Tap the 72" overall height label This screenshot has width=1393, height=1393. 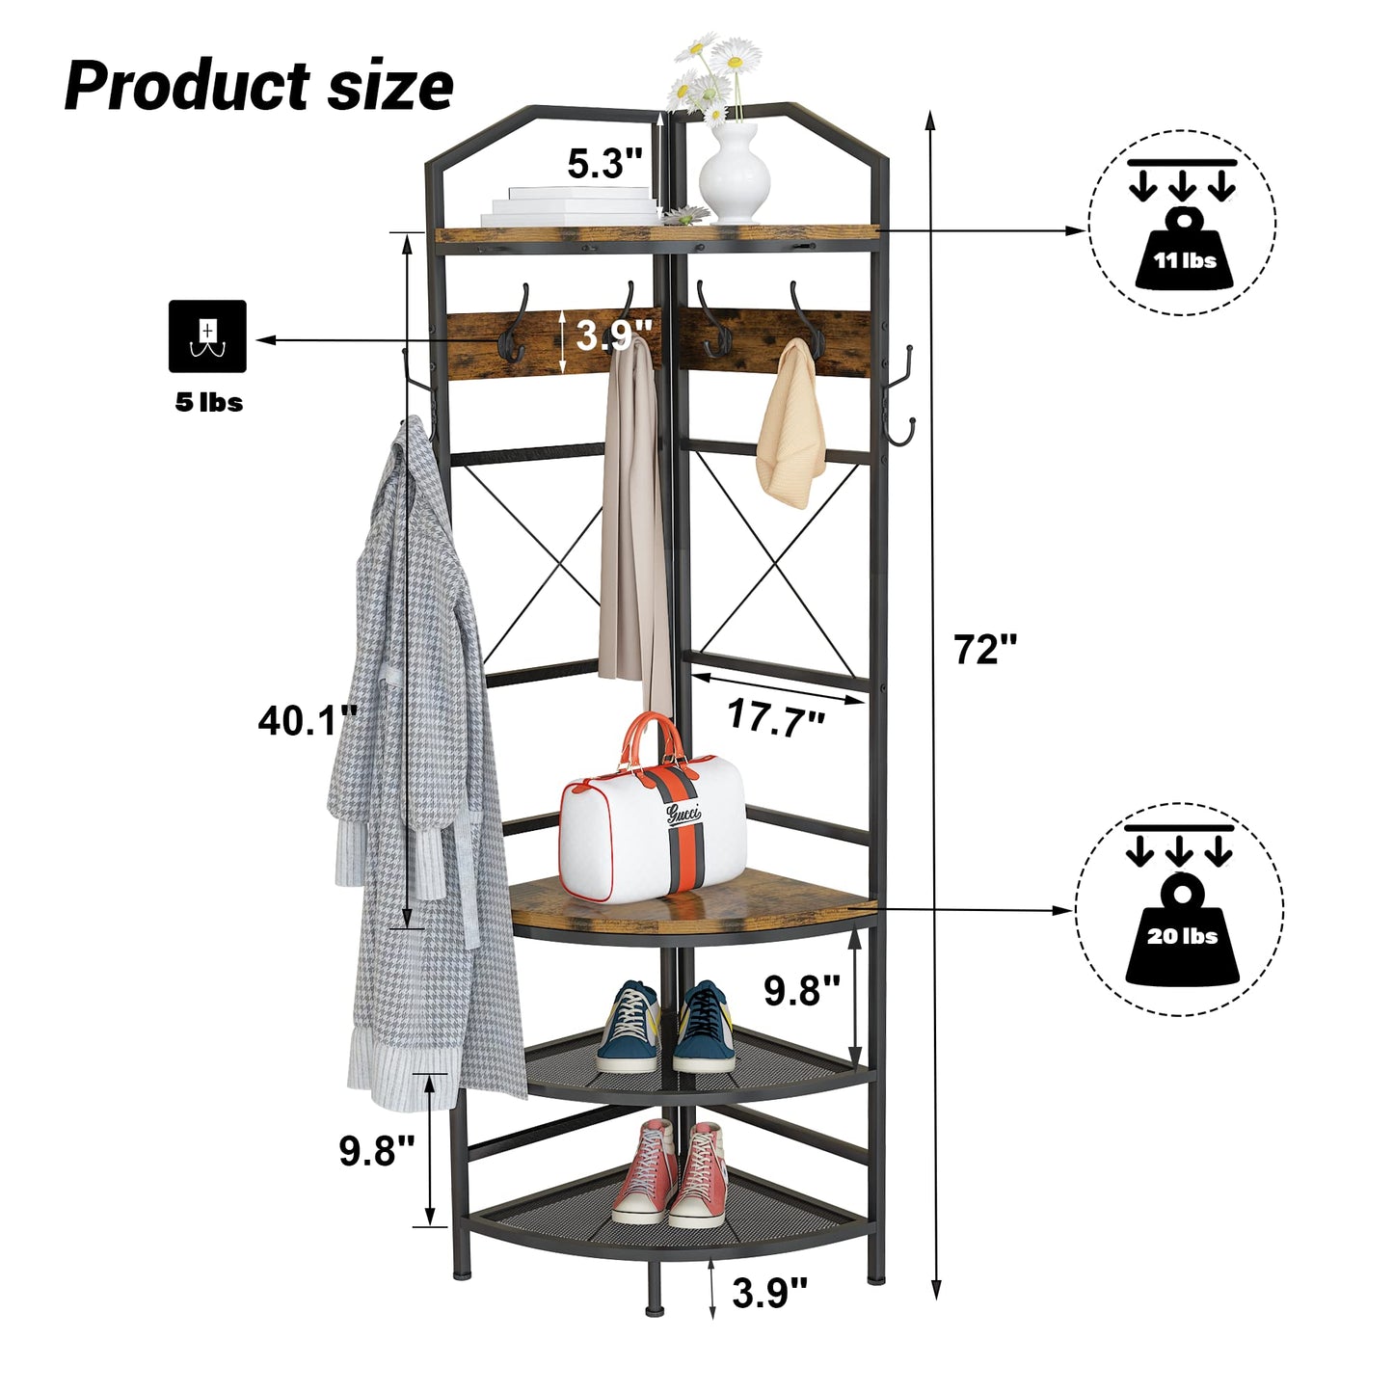[985, 649]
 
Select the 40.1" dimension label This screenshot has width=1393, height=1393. [308, 721]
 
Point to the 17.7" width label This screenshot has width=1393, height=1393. [776, 718]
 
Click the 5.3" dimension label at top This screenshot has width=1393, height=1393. [604, 163]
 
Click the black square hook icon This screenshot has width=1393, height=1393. [207, 336]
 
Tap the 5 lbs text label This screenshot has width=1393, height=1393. [209, 403]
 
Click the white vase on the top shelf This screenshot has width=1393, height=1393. [734, 174]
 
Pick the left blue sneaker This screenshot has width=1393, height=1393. [628, 1028]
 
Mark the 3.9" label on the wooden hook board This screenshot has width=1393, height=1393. [614, 335]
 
